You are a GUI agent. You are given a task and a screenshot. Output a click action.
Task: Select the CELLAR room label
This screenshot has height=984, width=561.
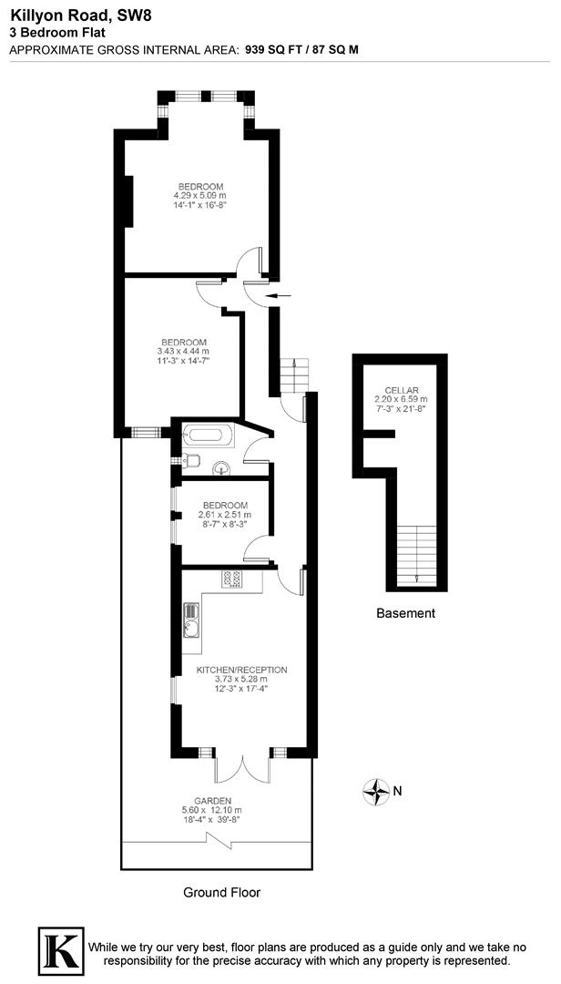pyautogui.click(x=401, y=390)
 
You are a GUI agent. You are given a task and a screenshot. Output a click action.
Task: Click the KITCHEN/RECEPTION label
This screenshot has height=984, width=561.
pyautogui.click(x=241, y=670)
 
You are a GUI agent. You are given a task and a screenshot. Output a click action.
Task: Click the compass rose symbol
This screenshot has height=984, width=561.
pyautogui.click(x=375, y=791)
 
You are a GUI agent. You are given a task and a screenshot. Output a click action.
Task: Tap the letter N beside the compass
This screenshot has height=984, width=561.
pyautogui.click(x=397, y=791)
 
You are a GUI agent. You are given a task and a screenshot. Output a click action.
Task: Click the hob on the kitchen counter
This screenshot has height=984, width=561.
pyautogui.click(x=229, y=579)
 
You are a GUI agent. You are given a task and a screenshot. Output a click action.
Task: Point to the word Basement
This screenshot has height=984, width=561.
pyautogui.click(x=405, y=613)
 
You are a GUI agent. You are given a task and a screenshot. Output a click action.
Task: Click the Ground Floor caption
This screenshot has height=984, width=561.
pyautogui.click(x=221, y=892)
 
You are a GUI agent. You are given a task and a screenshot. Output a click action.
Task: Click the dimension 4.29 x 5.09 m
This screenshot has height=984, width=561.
pyautogui.click(x=199, y=196)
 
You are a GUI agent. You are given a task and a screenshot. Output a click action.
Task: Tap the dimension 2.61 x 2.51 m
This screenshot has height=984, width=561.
pyautogui.click(x=224, y=515)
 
